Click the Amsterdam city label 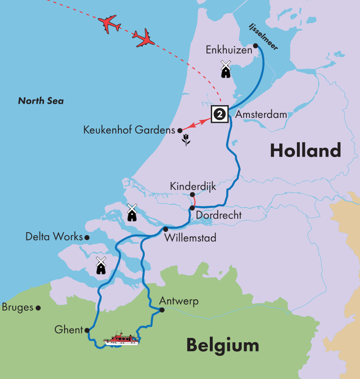point(261,114)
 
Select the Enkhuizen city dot point(255,46)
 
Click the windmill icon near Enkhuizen point(225,69)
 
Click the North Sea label point(41,101)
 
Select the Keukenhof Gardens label point(129,131)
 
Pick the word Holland point(305,151)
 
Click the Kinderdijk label point(193,186)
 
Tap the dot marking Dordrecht point(192,208)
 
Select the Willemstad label point(190,238)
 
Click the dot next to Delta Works point(87,237)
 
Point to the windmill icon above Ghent point(101,265)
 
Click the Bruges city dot point(38,308)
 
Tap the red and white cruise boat point(121,339)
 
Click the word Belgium point(223,346)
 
